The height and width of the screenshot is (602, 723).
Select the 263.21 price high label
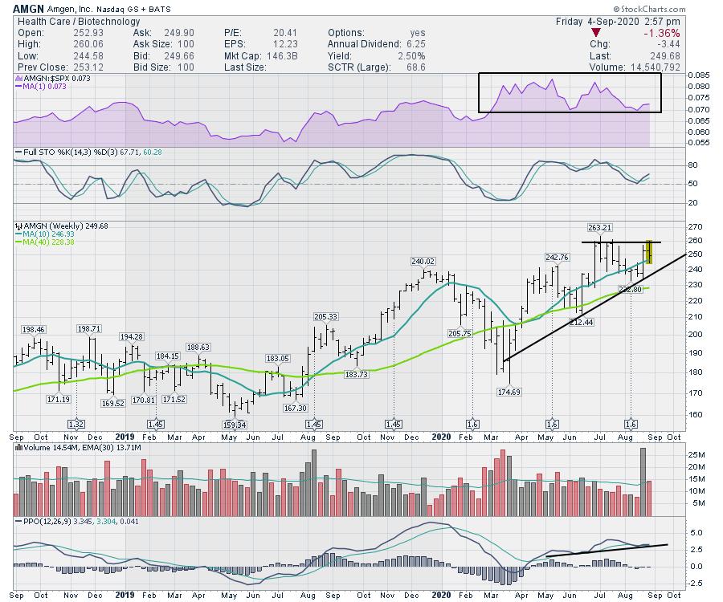point(598,227)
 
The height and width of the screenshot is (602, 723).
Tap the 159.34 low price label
point(235,424)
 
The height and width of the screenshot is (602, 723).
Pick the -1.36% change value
point(661,33)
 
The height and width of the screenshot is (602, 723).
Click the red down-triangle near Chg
point(595,33)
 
